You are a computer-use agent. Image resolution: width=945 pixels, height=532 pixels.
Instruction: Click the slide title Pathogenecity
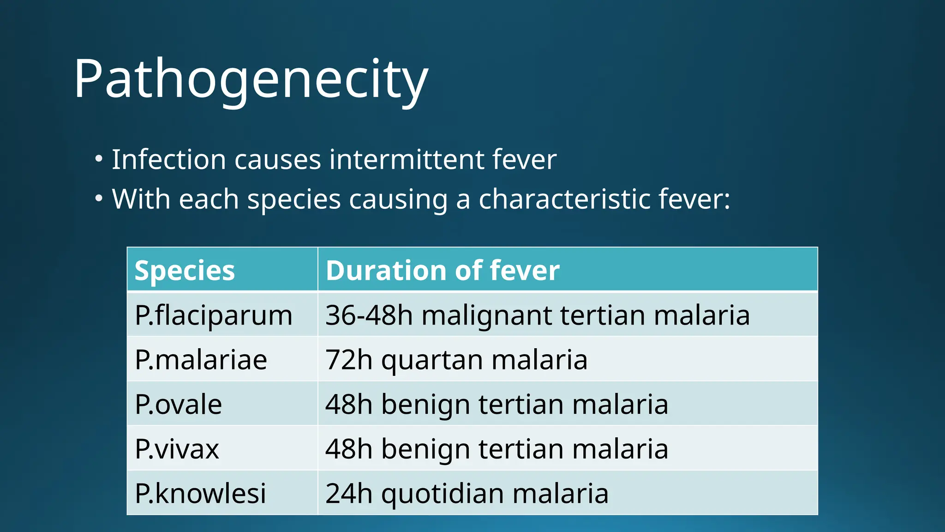tap(251, 79)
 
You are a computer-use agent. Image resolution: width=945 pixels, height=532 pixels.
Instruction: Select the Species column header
tap(185, 271)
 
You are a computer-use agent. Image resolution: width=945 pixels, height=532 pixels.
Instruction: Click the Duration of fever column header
tap(443, 271)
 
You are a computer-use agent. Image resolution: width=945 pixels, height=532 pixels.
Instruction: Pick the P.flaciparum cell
tap(214, 315)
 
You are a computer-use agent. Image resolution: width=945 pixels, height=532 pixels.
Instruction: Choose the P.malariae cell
tap(201, 360)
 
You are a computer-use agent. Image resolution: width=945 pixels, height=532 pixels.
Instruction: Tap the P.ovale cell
tap(178, 405)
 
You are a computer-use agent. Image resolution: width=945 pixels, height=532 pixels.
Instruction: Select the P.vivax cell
tap(177, 449)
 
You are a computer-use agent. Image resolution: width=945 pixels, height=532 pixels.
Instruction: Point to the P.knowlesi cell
tap(200, 493)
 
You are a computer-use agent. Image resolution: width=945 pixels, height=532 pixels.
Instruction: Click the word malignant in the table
tap(487, 316)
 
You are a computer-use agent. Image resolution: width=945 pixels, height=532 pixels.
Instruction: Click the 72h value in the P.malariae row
tap(349, 360)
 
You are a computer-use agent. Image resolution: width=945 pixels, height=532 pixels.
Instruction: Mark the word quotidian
tap(443, 494)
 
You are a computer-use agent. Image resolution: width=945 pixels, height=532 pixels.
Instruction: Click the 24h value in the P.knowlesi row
tap(349, 493)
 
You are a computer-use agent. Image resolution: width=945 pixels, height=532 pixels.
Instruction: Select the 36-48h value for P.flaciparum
tap(369, 315)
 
